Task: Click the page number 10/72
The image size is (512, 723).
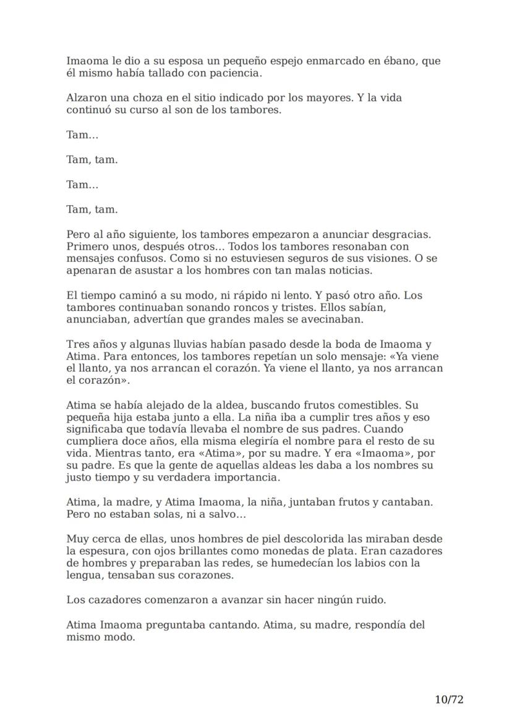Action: [449, 700]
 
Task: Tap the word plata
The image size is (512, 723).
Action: [333, 551]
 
